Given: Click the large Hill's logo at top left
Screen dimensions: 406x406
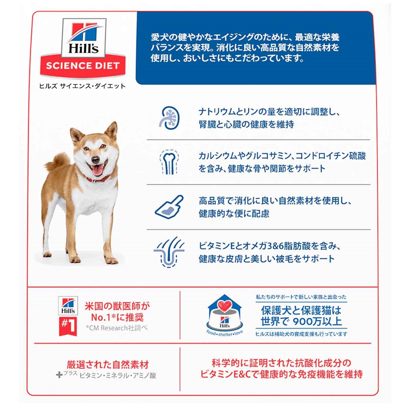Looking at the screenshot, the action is (83, 38).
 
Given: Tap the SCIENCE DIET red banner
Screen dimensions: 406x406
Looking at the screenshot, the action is (83, 66).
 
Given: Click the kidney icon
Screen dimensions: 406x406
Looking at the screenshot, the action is (169, 118).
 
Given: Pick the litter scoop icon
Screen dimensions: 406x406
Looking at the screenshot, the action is (169, 207).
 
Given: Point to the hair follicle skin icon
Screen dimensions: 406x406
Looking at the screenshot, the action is (169, 252).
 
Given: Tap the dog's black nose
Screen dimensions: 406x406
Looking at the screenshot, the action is (96, 159).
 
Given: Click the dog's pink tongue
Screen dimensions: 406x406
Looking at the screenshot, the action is (97, 171).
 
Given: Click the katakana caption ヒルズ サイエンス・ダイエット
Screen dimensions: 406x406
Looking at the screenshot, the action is (82, 86).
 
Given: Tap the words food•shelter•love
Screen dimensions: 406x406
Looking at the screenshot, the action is (225, 333).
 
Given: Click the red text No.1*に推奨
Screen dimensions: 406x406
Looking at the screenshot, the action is (117, 317).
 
